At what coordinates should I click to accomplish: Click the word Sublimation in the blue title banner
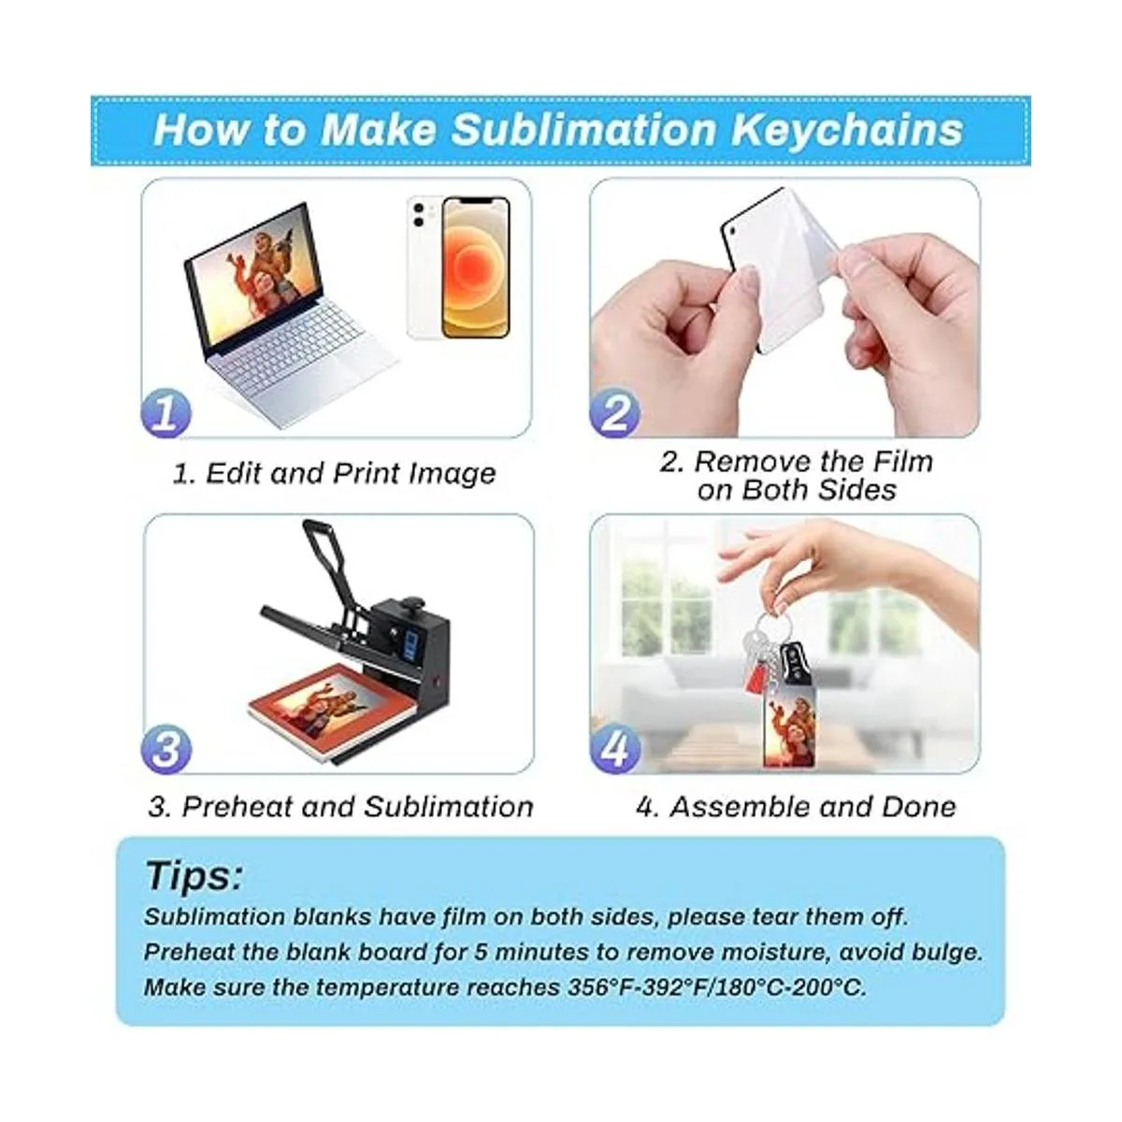point(583,130)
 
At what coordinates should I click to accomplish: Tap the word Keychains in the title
point(847,131)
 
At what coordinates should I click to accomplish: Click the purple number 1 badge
point(165,413)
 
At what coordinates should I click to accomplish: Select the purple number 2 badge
point(614,413)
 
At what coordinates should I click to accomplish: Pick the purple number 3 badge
point(165,749)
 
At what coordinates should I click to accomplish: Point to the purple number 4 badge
point(615,749)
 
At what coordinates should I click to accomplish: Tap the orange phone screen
point(476,267)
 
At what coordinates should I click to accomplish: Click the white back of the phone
point(424,267)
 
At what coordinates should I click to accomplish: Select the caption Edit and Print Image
point(334,473)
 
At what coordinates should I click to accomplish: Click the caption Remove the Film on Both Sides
point(796,476)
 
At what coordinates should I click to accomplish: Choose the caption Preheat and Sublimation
point(340,807)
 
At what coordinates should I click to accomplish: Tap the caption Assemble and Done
point(796,807)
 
